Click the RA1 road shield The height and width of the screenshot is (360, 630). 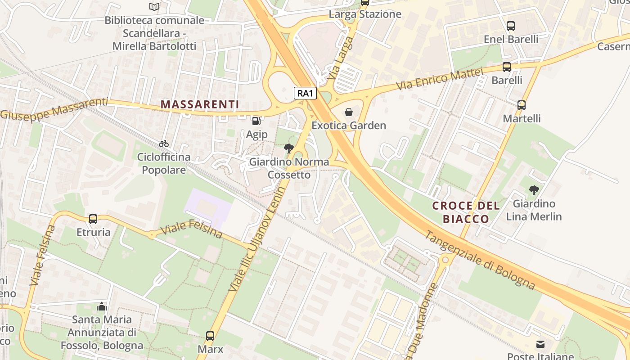coord(306,93)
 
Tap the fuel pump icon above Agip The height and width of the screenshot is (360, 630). coord(256,121)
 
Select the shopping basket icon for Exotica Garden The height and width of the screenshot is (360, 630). coord(349,112)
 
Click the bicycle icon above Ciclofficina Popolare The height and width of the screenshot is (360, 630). coord(164,144)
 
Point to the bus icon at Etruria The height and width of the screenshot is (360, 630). coord(93,219)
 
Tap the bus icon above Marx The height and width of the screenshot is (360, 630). coord(210,336)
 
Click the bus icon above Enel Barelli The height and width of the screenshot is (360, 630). coord(511,26)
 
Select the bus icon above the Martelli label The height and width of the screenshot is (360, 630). coord(522,105)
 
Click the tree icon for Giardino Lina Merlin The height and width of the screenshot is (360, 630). coord(534,190)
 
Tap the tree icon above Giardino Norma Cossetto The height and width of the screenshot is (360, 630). coord(289,148)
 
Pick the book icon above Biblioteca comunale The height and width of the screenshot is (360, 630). coord(154,7)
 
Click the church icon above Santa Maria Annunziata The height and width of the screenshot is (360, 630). coord(102,306)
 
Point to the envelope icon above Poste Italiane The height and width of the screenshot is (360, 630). coord(540,344)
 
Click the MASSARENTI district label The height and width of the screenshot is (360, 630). coord(200,104)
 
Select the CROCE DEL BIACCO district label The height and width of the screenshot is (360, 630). coord(466,212)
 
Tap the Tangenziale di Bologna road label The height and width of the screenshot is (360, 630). coord(480,260)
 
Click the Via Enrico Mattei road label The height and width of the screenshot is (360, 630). coord(439,79)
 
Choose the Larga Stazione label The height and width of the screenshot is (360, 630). coord(365,14)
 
